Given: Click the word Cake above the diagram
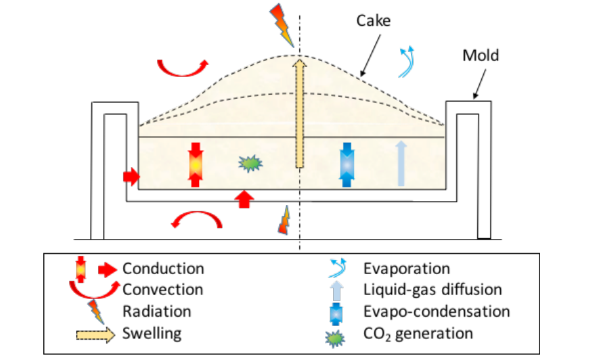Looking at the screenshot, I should (374, 21).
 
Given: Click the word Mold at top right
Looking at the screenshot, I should (481, 55).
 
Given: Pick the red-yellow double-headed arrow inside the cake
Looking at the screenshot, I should (196, 164).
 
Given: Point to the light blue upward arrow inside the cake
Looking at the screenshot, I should (401, 163).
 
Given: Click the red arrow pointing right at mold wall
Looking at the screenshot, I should (130, 177).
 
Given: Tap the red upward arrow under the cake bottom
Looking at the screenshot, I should (245, 198).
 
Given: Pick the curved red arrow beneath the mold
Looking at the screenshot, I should (195, 220).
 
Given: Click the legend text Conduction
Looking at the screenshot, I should (162, 269).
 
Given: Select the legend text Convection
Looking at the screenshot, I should (162, 290).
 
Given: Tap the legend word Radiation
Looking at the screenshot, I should (156, 311).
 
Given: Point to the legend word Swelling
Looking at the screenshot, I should (153, 333).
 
